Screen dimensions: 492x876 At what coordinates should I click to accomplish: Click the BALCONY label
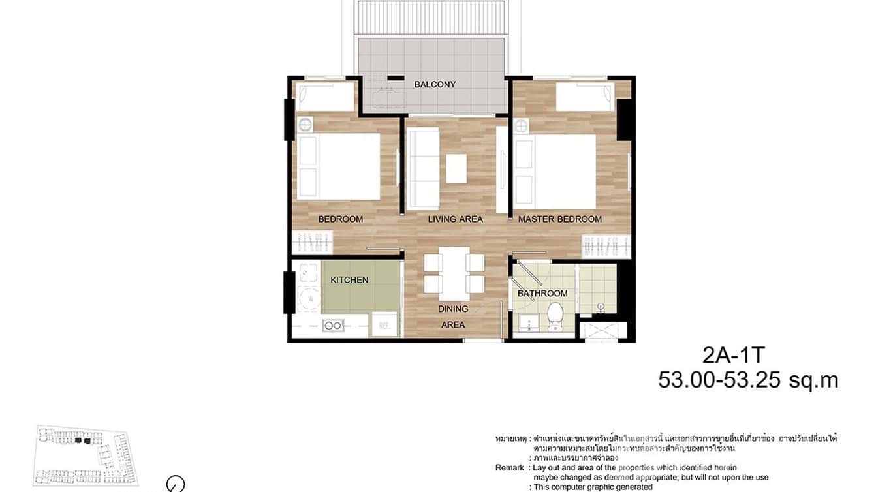[435, 84]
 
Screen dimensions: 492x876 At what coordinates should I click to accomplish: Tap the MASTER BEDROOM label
[559, 219]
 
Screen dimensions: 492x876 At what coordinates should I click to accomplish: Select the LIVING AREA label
[455, 219]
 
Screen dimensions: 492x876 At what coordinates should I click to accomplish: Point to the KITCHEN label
[349, 280]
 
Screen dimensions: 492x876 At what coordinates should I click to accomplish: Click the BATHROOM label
[542, 294]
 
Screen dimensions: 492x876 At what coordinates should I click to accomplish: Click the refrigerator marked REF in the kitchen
[384, 324]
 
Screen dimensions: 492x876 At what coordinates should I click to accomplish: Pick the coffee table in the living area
[456, 168]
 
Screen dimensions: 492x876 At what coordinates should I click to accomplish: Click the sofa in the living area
[422, 169]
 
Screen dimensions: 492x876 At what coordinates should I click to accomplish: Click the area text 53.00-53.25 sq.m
[747, 380]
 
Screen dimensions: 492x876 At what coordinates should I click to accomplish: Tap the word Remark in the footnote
[509, 468]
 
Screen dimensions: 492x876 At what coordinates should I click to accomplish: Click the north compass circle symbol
[176, 484]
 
